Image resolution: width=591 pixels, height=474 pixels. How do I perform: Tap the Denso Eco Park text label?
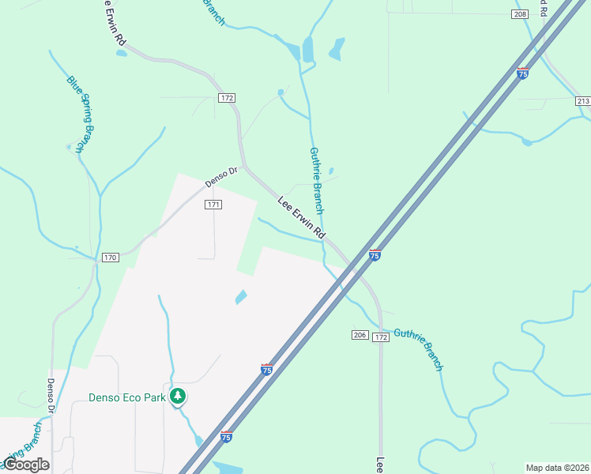click(x=126, y=397)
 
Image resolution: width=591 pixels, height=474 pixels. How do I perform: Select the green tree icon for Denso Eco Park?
click(x=179, y=396)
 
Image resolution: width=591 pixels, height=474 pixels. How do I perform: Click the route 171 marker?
click(x=213, y=205)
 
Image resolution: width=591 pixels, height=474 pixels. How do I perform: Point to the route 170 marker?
click(x=110, y=258)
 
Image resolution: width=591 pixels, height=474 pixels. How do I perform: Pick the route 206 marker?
click(x=359, y=336)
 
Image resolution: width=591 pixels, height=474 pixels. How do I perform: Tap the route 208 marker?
click(x=519, y=14)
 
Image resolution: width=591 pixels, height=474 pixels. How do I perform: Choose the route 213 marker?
click(x=583, y=101)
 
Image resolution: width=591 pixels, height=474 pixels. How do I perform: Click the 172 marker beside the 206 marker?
click(x=381, y=337)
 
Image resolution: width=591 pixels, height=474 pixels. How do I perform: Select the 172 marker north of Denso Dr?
click(x=228, y=97)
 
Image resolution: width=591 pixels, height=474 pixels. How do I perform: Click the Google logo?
click(x=26, y=465)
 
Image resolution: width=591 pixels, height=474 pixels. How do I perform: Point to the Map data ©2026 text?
click(x=557, y=467)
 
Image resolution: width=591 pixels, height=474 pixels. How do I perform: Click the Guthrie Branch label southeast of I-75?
click(x=419, y=349)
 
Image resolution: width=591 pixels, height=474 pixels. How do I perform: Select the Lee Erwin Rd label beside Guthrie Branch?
click(x=302, y=218)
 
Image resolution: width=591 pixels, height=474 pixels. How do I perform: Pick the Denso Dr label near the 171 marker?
click(x=221, y=176)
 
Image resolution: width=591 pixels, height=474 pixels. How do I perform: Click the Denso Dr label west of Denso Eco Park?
click(x=49, y=397)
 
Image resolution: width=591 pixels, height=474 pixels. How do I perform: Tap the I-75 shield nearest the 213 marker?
click(x=522, y=73)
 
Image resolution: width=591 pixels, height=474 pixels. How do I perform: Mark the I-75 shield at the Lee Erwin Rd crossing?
click(x=375, y=255)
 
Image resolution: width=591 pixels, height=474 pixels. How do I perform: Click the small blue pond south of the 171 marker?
click(x=240, y=297)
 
